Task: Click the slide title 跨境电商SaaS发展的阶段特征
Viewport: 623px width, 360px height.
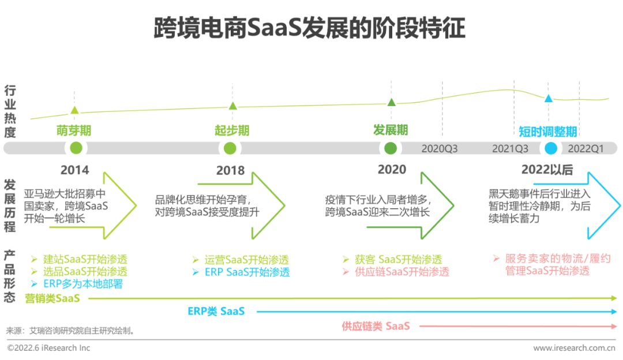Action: tap(309, 27)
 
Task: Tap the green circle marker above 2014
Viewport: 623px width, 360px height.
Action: tap(76, 148)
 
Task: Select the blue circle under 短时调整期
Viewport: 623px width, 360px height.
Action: tap(551, 148)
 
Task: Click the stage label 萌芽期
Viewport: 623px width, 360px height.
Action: tap(74, 130)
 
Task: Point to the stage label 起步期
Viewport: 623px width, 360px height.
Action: tap(232, 130)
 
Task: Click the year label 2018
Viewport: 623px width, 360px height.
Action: tap(230, 171)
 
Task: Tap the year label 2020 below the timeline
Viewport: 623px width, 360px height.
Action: tap(392, 170)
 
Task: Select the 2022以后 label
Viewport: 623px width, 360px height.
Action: tap(547, 170)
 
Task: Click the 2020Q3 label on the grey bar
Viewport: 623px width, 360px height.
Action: tap(440, 149)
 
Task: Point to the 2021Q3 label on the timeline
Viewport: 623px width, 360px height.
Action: tap(510, 149)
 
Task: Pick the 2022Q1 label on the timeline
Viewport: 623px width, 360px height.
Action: tap(586, 149)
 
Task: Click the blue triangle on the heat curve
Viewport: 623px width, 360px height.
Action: tap(549, 99)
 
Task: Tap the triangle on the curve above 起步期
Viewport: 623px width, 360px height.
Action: tap(232, 106)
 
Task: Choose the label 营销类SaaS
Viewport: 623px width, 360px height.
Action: tap(52, 298)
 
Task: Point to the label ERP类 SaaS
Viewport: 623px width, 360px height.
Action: tap(216, 312)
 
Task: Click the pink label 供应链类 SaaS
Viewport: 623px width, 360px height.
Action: tap(376, 327)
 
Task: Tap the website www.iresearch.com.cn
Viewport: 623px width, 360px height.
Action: tap(574, 348)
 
